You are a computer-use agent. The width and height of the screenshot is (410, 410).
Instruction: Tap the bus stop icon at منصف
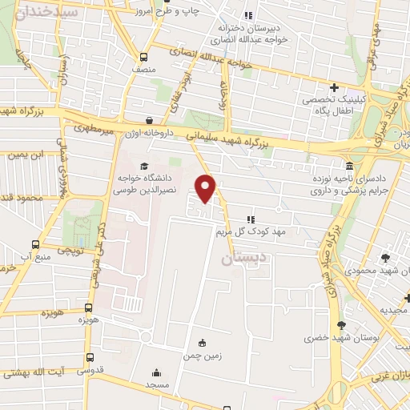[x=143, y=57]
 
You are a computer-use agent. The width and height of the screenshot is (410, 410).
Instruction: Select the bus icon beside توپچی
[x=35, y=244]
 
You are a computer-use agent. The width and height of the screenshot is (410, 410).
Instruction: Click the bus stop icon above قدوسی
[x=89, y=357]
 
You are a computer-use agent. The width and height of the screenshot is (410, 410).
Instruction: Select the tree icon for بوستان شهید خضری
[x=342, y=324]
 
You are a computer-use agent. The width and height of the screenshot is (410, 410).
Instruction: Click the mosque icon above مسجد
[x=155, y=372]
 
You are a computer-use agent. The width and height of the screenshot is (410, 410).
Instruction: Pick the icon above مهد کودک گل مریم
[x=250, y=219]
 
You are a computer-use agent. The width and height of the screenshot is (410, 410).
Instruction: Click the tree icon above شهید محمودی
[x=385, y=258]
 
